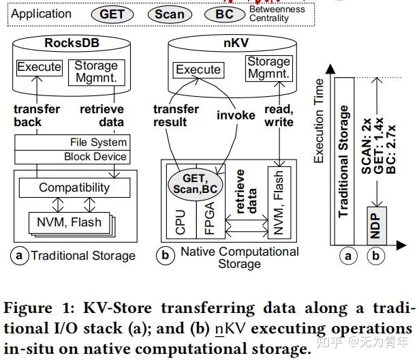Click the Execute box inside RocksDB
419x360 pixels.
coord(40,67)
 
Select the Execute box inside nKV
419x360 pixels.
coord(198,70)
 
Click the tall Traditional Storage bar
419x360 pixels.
coord(345,160)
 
